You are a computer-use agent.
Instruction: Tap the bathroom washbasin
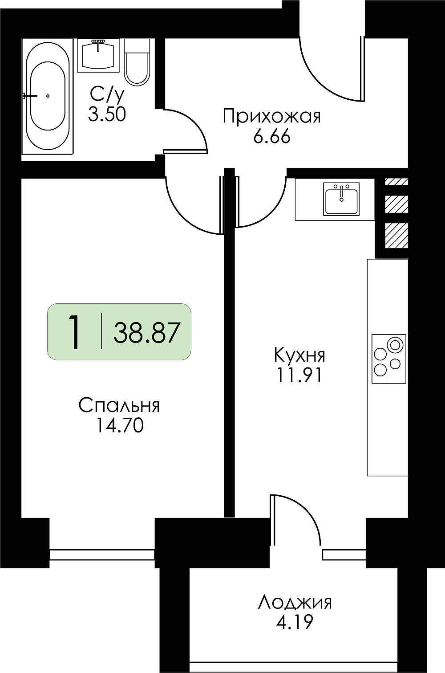pyautogui.click(x=98, y=55)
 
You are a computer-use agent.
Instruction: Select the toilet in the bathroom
pyautogui.click(x=137, y=62)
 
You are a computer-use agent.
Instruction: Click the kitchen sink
pyautogui.click(x=341, y=199)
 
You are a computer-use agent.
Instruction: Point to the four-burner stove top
pyautogui.click(x=389, y=359)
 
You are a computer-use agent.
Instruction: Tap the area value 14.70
pyautogui.click(x=120, y=426)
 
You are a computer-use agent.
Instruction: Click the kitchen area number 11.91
pyautogui.click(x=299, y=375)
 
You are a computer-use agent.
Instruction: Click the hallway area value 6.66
pyautogui.click(x=272, y=137)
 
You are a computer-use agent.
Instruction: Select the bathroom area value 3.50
pyautogui.click(x=107, y=114)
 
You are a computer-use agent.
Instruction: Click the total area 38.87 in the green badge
pyautogui.click(x=147, y=332)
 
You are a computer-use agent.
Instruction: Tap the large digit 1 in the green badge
pyautogui.click(x=74, y=332)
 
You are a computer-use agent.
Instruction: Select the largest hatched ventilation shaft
pyautogui.click(x=396, y=236)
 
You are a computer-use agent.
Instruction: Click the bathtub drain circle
pyautogui.click(x=48, y=96)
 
